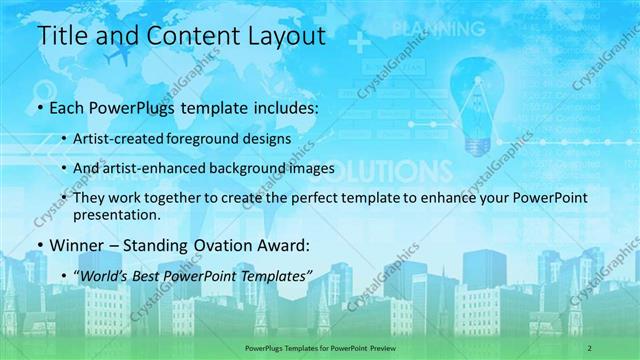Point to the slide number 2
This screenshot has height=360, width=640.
[590, 347]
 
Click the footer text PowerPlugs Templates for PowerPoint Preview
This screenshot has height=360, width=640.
[319, 347]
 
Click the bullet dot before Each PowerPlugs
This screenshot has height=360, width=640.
[39, 106]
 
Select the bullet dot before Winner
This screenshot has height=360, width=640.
[39, 245]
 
